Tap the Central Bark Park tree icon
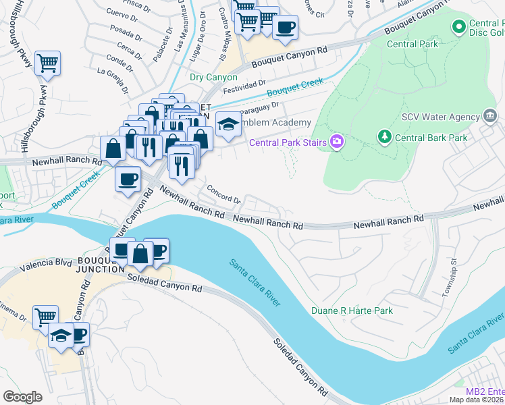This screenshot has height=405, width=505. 385,137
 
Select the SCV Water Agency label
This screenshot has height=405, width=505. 440,117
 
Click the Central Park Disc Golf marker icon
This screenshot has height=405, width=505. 459,27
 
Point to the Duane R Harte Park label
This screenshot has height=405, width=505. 352,310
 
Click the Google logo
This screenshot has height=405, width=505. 23,396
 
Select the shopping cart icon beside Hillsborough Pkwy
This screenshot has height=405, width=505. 47,63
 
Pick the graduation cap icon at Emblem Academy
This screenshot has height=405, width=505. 229,124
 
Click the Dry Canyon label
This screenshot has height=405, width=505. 213,77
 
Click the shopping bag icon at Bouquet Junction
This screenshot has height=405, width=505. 140,254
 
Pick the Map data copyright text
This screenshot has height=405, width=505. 477,399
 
